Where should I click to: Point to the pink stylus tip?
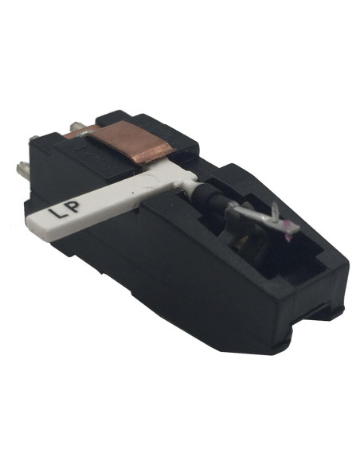283,225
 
